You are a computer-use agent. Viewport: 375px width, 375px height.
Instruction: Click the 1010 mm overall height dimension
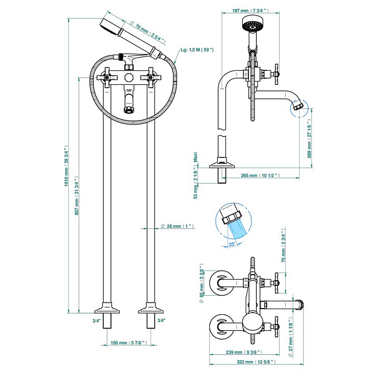(x=66, y=166)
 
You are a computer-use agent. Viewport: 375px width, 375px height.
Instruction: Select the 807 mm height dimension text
(x=77, y=196)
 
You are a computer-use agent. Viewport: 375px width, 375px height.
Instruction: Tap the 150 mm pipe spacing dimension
(x=129, y=343)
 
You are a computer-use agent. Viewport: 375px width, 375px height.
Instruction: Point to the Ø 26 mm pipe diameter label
(x=177, y=226)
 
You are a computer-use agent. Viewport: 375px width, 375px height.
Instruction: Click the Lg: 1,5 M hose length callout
(x=197, y=50)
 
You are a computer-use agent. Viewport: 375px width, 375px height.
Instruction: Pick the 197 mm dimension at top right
(x=251, y=11)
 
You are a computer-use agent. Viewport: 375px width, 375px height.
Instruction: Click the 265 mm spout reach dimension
(x=260, y=175)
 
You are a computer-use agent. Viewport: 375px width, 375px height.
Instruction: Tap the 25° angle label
(x=232, y=244)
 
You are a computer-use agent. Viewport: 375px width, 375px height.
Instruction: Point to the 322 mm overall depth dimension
(x=256, y=362)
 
